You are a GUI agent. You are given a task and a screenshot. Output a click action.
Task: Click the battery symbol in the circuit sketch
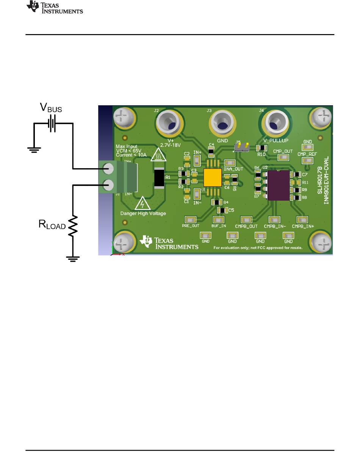click(x=52, y=124)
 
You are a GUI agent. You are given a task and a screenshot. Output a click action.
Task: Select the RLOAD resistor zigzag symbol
click(x=73, y=226)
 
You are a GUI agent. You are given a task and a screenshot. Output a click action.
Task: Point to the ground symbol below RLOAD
click(x=73, y=259)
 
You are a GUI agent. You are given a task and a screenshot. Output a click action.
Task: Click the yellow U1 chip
click(x=212, y=178)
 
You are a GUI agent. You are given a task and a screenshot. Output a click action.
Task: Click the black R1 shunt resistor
click(x=159, y=178)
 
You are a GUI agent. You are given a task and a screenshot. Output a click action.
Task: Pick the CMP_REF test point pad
click(x=306, y=161)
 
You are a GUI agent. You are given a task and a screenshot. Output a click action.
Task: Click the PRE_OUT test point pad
click(x=190, y=219)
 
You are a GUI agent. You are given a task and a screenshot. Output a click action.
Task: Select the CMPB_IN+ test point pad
click(x=302, y=220)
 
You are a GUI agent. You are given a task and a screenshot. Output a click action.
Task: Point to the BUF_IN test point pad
click(x=219, y=220)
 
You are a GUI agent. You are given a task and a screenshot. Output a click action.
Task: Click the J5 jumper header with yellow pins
click(x=241, y=147)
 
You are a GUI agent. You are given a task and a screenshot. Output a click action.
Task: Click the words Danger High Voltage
click(x=143, y=214)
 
